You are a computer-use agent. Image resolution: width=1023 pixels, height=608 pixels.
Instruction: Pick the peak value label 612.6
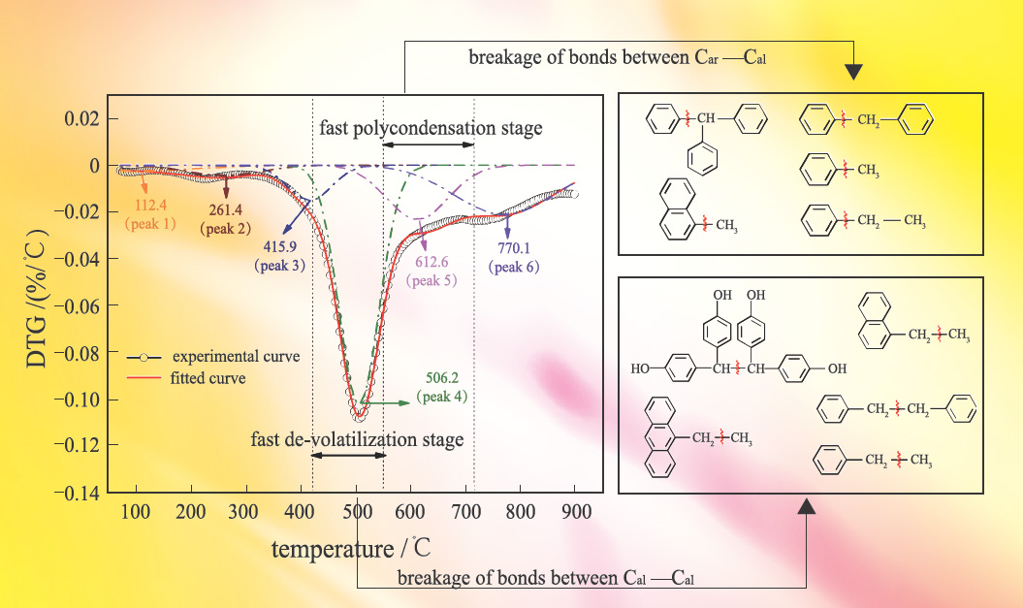(431, 263)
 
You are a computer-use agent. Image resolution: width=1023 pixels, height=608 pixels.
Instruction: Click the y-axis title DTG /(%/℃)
(36, 301)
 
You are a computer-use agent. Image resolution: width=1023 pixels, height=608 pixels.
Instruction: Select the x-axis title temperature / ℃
(350, 549)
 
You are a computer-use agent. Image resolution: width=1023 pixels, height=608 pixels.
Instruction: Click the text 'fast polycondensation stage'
(431, 128)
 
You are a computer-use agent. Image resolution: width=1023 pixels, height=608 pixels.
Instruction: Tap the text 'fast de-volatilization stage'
(358, 439)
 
